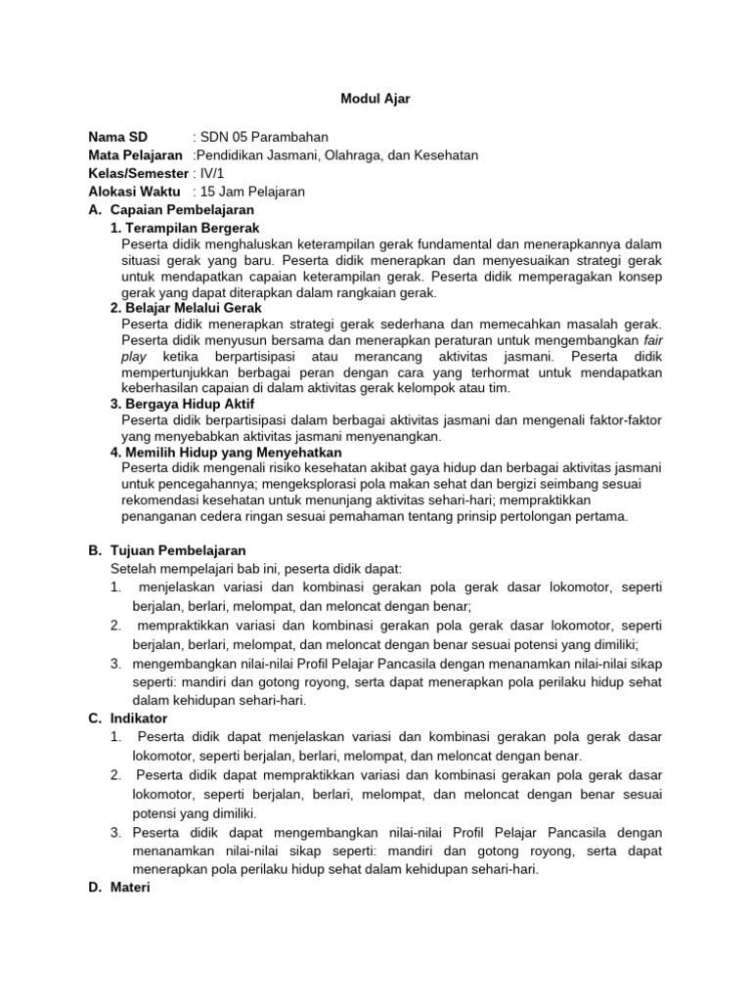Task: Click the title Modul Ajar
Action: pyautogui.click(x=375, y=99)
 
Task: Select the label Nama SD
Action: pyautogui.click(x=118, y=137)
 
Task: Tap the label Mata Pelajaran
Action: pyautogui.click(x=135, y=154)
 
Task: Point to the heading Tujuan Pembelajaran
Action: pyautogui.click(x=178, y=551)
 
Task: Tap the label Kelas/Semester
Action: pyautogui.click(x=138, y=173)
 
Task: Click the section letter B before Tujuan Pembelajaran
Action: pyautogui.click(x=94, y=551)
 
